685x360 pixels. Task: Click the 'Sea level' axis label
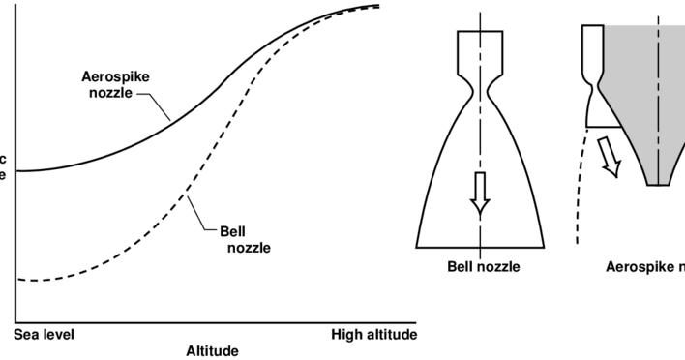pyautogui.click(x=45, y=335)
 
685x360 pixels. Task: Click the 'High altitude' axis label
pyautogui.click(x=373, y=335)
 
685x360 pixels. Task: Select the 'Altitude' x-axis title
pyautogui.click(x=212, y=350)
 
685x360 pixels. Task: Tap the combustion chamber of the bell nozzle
pyautogui.click(x=480, y=48)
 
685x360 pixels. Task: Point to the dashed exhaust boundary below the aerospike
pyautogui.click(x=581, y=194)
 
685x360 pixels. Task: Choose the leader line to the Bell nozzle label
pyautogui.click(x=202, y=215)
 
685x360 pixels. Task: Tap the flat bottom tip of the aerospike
pyautogui.click(x=659, y=184)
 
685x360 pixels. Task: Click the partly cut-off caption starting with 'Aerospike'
pyautogui.click(x=643, y=266)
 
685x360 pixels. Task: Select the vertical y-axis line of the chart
pyautogui.click(x=15, y=165)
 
